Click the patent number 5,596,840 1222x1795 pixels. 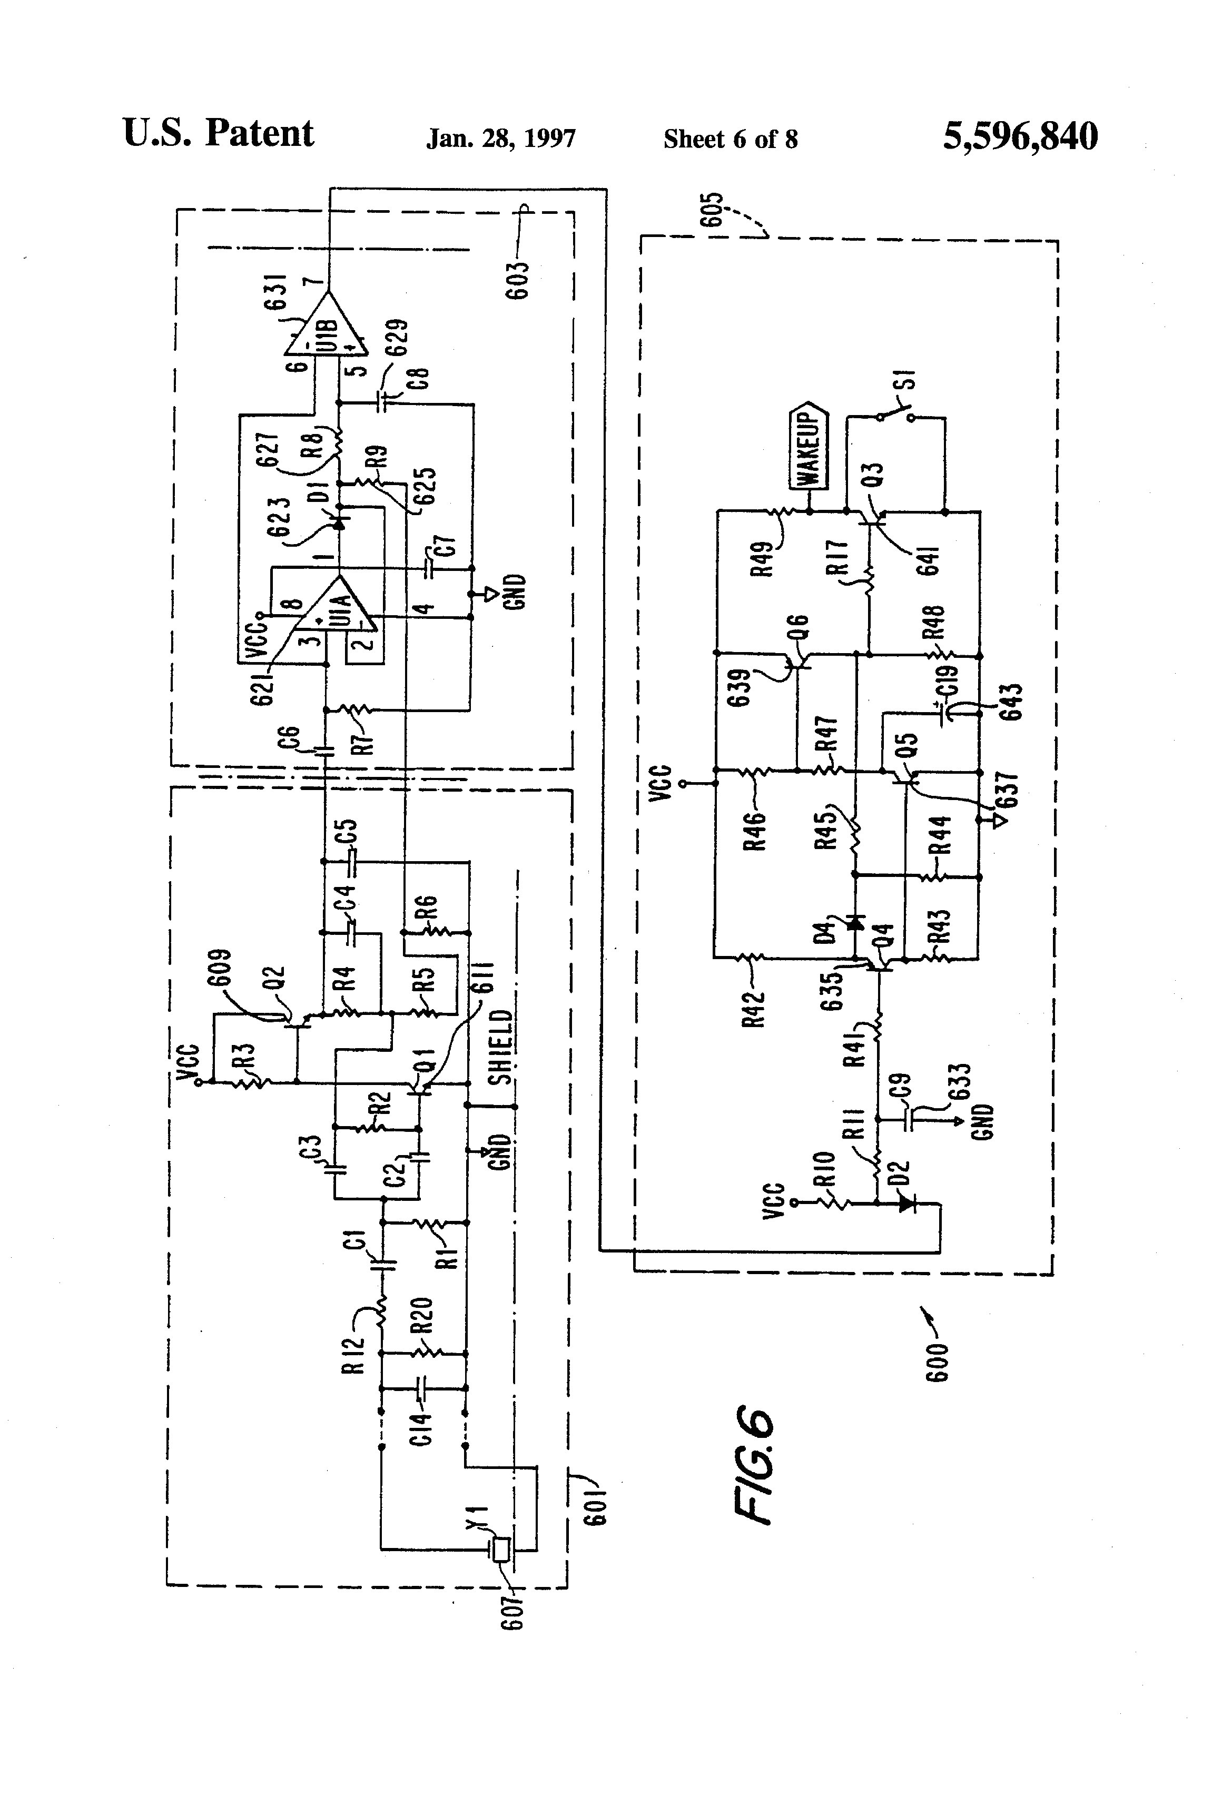coord(1020,137)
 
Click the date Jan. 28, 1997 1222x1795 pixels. coord(500,139)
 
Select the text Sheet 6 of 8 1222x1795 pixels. coord(730,139)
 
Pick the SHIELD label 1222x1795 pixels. coord(500,1047)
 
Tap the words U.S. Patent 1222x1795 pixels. coord(218,134)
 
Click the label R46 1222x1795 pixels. coord(755,830)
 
